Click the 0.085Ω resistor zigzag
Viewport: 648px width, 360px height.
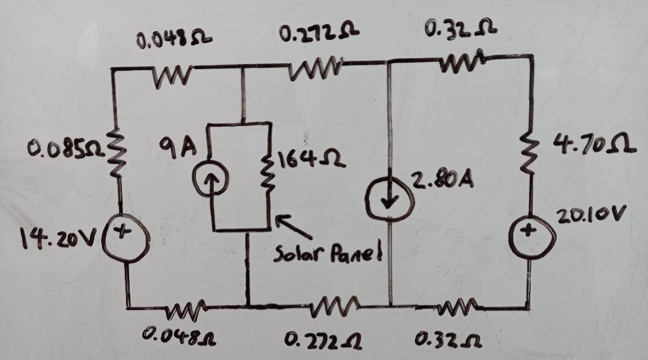pyautogui.click(x=117, y=152)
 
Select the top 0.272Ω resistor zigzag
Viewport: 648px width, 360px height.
pyautogui.click(x=316, y=70)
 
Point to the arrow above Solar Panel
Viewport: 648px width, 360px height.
pyautogui.click(x=294, y=227)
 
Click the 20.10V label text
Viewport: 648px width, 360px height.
pyautogui.click(x=589, y=215)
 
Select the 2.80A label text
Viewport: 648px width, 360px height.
pyautogui.click(x=442, y=180)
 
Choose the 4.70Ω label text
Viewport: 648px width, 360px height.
pyautogui.click(x=594, y=145)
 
